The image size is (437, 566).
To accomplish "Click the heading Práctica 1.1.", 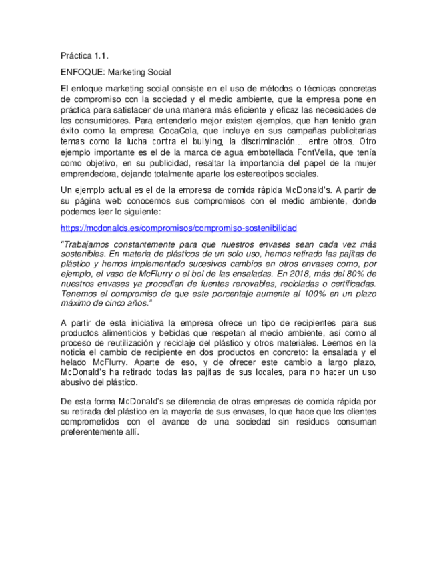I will [83, 56].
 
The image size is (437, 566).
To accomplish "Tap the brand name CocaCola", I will [188, 132].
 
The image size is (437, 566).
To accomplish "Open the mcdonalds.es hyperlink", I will [178, 228].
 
